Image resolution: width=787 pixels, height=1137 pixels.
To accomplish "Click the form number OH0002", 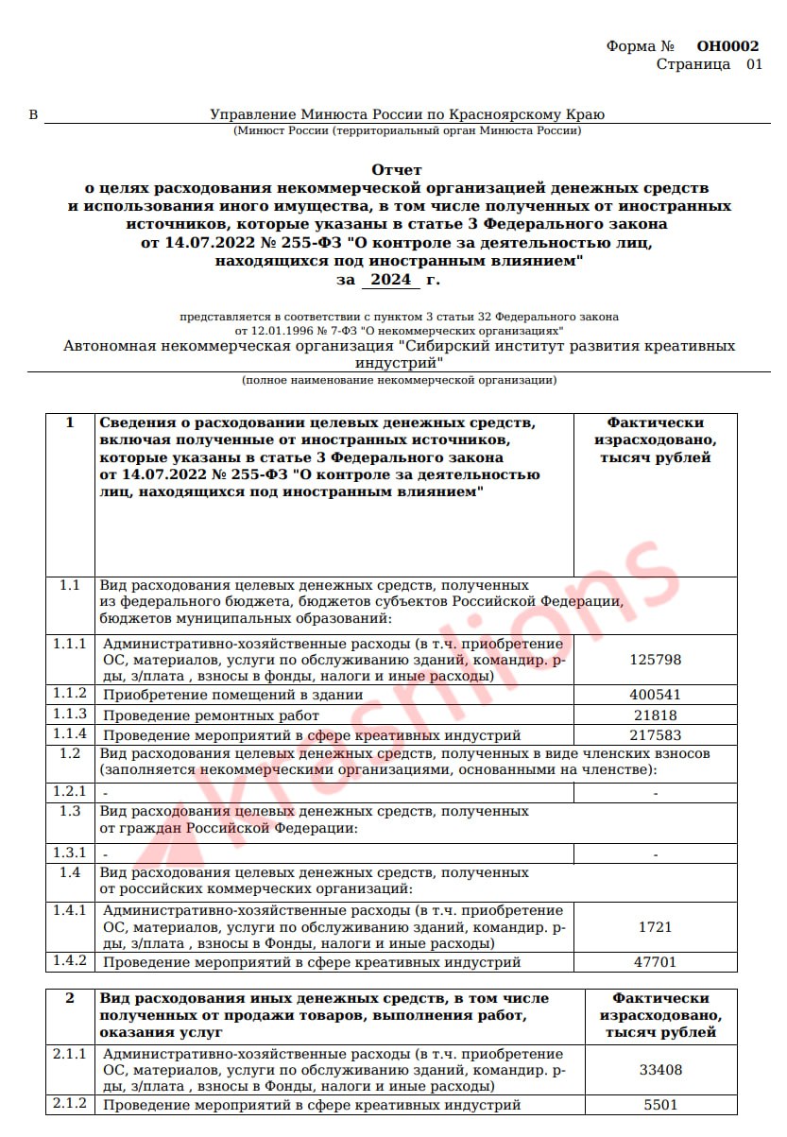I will click(x=727, y=46).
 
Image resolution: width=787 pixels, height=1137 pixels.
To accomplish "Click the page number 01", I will click(x=754, y=64).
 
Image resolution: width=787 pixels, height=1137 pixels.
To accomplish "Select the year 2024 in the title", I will click(x=390, y=280).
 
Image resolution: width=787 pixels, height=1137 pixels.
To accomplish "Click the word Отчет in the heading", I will click(x=397, y=170).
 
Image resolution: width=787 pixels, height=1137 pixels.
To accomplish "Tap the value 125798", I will click(x=655, y=660).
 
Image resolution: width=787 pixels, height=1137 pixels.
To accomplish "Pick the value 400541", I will click(x=655, y=695).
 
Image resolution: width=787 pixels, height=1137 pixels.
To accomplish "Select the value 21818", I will click(x=655, y=715).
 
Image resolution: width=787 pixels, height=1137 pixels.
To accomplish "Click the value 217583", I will click(x=655, y=735).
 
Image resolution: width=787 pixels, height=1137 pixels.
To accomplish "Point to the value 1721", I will click(x=655, y=927).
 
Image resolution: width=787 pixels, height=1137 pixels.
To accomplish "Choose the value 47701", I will click(x=655, y=962).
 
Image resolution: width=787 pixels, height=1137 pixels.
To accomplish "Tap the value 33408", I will click(x=661, y=1071).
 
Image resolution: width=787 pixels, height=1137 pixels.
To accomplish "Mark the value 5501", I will click(x=661, y=1105).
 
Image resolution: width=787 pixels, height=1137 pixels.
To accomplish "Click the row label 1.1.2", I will click(x=70, y=695).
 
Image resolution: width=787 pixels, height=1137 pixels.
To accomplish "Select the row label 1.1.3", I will click(x=70, y=715).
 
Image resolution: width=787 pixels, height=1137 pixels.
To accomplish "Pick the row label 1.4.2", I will click(x=70, y=962).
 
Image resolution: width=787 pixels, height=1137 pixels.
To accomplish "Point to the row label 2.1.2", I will click(x=70, y=1104).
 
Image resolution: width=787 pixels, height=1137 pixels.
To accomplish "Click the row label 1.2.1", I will click(x=70, y=792).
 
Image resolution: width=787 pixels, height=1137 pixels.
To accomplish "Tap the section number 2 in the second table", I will click(x=69, y=998).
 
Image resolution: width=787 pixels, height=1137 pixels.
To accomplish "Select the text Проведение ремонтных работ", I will click(x=211, y=715).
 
